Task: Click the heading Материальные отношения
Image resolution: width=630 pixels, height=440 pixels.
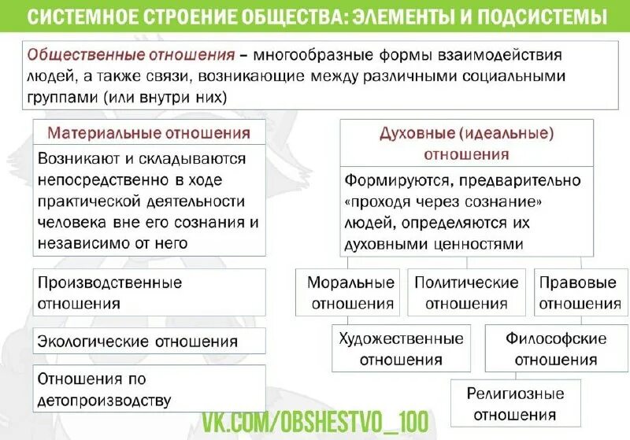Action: pos(149,133)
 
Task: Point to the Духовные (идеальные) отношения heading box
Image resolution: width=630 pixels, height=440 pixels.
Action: pos(466,143)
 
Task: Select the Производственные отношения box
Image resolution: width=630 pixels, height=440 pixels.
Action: pos(149,293)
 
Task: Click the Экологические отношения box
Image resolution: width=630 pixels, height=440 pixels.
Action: pos(149,342)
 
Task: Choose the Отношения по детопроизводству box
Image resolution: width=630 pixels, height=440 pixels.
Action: pos(149,389)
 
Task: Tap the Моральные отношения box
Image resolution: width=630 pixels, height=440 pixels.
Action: pos(350,293)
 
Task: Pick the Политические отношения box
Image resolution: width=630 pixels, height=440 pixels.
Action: pos(467,293)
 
